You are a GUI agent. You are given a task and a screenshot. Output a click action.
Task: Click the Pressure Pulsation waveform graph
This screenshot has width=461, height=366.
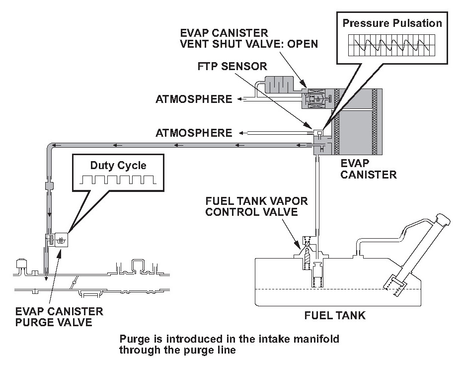click(x=391, y=45)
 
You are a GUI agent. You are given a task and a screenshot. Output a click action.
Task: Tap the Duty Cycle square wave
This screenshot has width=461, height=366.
click(x=119, y=180)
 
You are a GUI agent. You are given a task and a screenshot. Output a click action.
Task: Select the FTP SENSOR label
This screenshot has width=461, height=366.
click(x=232, y=66)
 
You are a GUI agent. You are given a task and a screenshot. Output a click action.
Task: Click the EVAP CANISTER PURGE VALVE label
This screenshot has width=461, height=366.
click(x=59, y=317)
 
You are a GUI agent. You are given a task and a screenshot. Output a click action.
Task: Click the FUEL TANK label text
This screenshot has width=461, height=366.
click(x=335, y=316)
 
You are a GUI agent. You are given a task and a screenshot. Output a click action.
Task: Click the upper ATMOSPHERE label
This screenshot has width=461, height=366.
click(x=194, y=99)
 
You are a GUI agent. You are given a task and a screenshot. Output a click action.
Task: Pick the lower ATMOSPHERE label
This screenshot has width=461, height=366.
click(x=194, y=133)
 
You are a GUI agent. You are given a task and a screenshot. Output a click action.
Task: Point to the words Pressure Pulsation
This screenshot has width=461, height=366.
click(x=392, y=23)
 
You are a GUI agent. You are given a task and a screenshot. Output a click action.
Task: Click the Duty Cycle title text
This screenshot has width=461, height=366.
click(x=118, y=166)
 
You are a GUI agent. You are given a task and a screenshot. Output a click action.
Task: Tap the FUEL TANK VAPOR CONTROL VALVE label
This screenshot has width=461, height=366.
click(x=256, y=206)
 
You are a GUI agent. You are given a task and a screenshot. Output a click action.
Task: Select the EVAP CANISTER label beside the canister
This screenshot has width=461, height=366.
click(x=369, y=169)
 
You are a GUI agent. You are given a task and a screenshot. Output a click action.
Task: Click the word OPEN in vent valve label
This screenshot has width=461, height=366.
click(x=303, y=44)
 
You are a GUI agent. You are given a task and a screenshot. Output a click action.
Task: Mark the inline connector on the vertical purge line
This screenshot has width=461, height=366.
click(x=49, y=185)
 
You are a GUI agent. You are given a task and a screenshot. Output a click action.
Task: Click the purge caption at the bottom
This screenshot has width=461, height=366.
click(x=230, y=344)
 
